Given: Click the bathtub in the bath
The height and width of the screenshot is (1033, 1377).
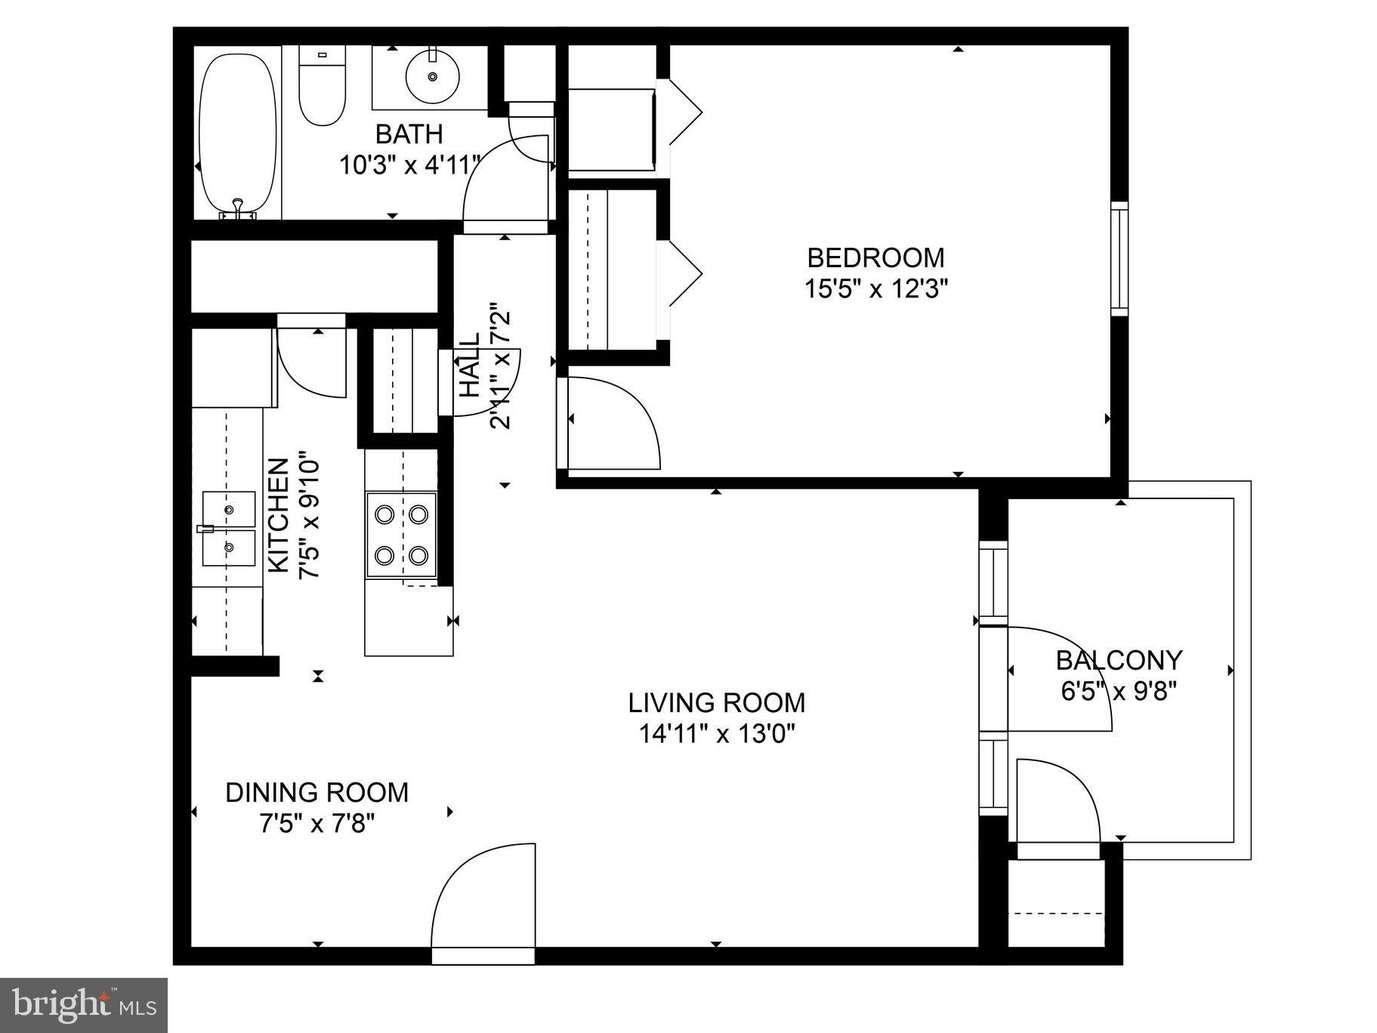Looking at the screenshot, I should pyautogui.click(x=237, y=132).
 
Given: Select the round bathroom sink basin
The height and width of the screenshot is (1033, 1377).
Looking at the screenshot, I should pyautogui.click(x=433, y=76).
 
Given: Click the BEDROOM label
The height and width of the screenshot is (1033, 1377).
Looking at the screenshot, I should pyautogui.click(x=875, y=258).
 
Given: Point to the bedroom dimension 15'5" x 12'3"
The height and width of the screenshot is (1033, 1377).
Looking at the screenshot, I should pyautogui.click(x=875, y=288).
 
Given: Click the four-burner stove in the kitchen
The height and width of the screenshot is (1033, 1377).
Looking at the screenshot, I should pyautogui.click(x=401, y=535).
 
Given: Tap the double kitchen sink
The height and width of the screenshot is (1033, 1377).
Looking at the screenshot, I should pyautogui.click(x=228, y=529).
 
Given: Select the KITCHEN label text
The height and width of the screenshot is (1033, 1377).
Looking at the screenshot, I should pyautogui.click(x=279, y=515).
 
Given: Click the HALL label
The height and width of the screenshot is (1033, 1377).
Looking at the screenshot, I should pyautogui.click(x=470, y=365).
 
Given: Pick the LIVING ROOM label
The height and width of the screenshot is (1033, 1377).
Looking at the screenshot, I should pyautogui.click(x=716, y=703).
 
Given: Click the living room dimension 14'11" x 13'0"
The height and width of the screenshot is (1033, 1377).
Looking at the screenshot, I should pyautogui.click(x=716, y=733).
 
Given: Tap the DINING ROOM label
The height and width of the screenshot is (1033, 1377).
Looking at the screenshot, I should pyautogui.click(x=316, y=793).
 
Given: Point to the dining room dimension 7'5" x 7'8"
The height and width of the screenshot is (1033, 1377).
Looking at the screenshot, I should pyautogui.click(x=316, y=823).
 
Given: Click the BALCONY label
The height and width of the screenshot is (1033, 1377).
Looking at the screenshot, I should pyautogui.click(x=1118, y=661).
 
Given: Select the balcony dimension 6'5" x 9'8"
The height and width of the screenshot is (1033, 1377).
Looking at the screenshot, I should pyautogui.click(x=1118, y=691).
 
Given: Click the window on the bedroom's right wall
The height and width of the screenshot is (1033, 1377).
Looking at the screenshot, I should pyautogui.click(x=1119, y=258).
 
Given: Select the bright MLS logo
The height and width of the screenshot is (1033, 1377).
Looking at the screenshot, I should pyautogui.click(x=83, y=1005).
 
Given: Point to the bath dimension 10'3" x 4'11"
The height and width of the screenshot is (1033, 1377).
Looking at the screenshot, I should pyautogui.click(x=409, y=165).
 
